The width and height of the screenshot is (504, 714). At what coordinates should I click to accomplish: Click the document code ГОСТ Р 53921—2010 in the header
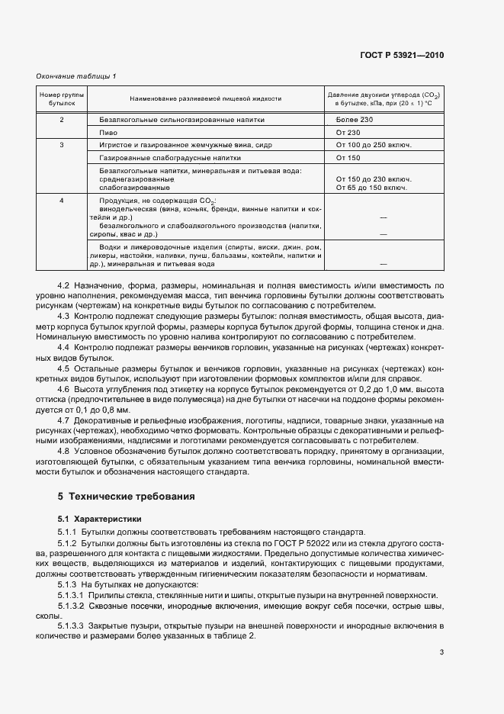click(x=402, y=55)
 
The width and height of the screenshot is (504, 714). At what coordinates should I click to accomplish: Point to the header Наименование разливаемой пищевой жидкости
click(x=206, y=98)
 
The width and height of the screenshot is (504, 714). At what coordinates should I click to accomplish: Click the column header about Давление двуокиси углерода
click(x=384, y=98)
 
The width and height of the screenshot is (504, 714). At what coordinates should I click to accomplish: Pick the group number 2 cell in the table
click(x=62, y=120)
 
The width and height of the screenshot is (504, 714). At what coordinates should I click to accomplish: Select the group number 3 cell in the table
click(x=62, y=144)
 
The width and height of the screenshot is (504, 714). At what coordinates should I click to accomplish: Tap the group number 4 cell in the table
click(x=62, y=200)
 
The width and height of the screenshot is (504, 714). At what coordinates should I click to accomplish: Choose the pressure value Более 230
click(x=355, y=120)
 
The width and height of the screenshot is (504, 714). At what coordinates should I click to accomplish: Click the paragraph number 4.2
click(x=64, y=285)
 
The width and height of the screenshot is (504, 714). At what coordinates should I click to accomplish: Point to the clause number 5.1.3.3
click(x=72, y=624)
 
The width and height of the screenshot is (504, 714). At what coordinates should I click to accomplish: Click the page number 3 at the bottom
click(x=441, y=651)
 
